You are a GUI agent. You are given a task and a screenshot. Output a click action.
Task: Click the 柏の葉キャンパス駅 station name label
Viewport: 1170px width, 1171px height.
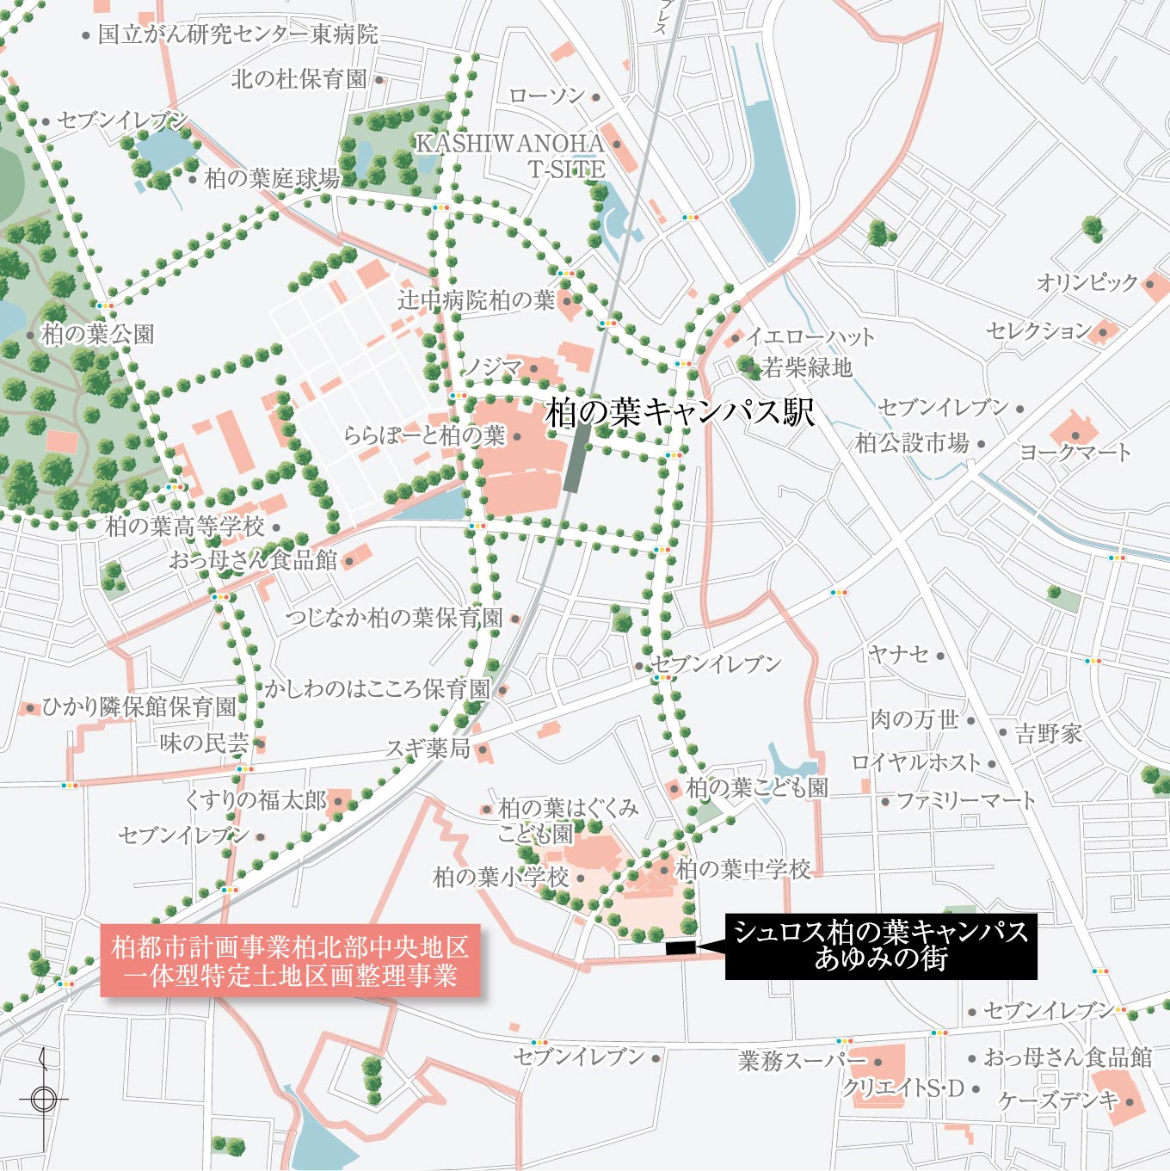coord(680,413)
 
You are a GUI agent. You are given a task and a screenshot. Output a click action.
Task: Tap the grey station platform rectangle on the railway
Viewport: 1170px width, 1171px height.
coord(576,458)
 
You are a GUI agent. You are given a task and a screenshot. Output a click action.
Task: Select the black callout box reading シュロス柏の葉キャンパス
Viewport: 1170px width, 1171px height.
coord(880,946)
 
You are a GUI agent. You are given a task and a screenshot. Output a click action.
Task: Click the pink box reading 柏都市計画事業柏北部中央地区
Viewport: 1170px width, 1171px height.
coord(290,961)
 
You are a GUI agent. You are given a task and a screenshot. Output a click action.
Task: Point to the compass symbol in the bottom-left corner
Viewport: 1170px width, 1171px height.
coord(43,1099)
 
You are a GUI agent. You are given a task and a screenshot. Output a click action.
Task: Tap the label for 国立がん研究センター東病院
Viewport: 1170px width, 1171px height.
coord(237,34)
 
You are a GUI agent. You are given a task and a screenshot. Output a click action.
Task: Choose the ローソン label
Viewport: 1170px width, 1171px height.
coord(546,96)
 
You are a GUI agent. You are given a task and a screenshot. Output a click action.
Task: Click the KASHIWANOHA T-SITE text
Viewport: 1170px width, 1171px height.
coord(511,156)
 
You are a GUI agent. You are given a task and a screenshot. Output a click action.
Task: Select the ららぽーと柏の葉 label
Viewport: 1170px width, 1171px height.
coord(424,435)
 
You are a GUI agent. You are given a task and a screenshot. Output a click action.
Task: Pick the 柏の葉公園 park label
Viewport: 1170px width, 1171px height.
coord(97,334)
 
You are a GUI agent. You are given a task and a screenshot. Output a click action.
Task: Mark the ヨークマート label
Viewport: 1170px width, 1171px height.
coord(1075,452)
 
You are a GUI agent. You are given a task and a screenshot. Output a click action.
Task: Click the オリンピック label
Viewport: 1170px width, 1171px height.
coord(1087,282)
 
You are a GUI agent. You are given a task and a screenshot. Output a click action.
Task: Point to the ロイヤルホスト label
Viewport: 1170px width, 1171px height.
coord(916,762)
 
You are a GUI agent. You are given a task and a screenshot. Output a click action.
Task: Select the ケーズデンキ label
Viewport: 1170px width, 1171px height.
coord(1058,1100)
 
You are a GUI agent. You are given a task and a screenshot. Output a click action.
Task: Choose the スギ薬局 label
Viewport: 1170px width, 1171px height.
coord(428,749)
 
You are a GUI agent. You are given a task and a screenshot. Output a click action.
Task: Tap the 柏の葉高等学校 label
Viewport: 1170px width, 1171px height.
coord(185,526)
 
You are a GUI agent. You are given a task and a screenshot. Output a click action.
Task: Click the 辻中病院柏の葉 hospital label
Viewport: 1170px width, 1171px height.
coord(476,300)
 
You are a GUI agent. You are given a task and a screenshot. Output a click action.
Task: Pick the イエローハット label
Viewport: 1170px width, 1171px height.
coord(810,336)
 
